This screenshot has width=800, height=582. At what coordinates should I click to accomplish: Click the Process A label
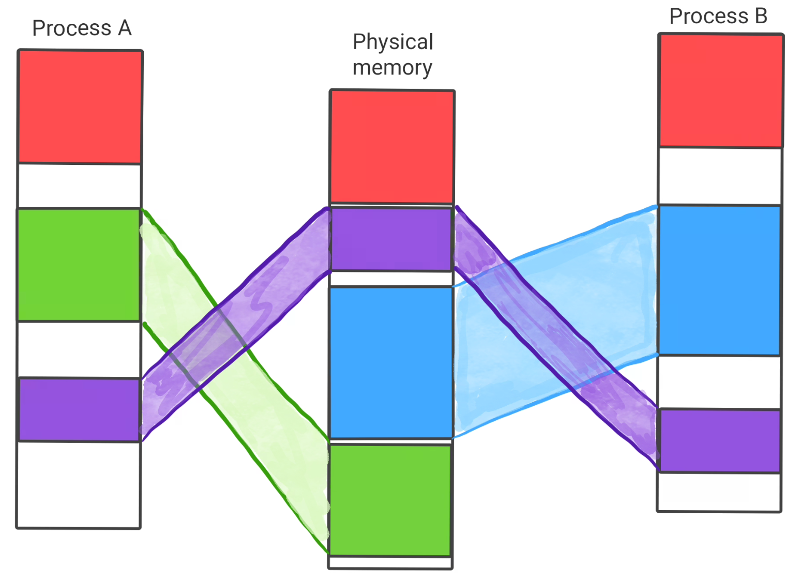point(82,28)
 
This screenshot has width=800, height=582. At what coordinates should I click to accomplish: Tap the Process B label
point(718,16)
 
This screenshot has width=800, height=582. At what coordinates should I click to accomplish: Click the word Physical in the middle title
point(393,42)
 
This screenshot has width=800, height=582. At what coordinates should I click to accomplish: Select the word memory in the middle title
point(392,68)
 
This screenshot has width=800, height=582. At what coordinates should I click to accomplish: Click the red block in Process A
point(80,106)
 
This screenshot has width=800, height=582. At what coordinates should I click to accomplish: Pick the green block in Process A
point(79,264)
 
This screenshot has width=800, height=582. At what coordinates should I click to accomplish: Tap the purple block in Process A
point(79,409)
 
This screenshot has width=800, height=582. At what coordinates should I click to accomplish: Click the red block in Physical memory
point(392,147)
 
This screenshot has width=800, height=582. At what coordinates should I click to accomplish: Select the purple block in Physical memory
point(391,239)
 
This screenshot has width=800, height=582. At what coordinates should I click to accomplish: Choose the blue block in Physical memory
point(391,362)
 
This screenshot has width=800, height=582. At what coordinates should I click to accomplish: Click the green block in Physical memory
point(390,500)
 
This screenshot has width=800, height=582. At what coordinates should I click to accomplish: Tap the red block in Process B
point(721,90)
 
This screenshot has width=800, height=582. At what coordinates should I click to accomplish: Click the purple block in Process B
point(719,440)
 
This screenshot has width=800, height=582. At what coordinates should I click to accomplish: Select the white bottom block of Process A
point(79,484)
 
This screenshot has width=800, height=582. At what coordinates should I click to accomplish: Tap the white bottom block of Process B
point(719,492)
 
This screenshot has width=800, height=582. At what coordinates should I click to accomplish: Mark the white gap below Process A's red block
point(79,186)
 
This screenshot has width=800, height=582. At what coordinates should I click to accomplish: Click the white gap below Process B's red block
point(720,176)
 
